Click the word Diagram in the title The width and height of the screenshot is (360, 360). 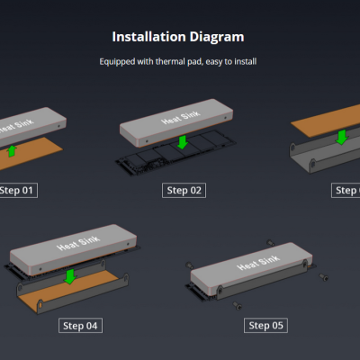pos(215,37)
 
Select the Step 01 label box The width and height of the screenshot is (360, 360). pos(18,191)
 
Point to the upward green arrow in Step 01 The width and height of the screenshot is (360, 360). pos(12,149)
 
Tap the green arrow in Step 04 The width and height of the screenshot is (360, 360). pos(69,274)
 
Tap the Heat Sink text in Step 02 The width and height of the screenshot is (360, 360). pos(176,118)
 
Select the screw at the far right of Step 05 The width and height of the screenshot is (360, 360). pos(323,278)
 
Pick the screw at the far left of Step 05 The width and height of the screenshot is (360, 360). pos(187,264)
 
